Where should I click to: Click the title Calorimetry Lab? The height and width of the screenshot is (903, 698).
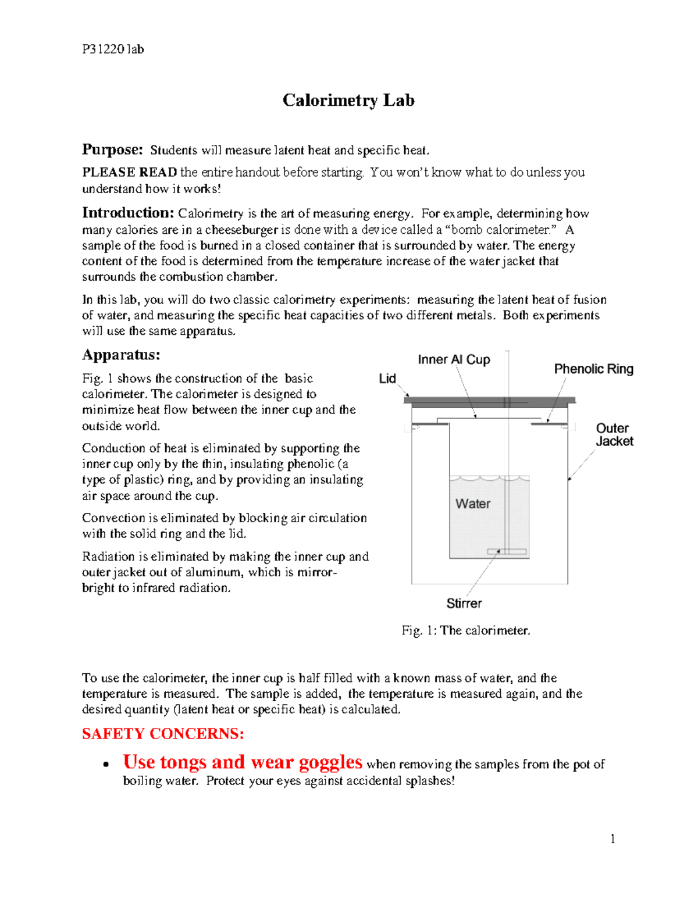348,101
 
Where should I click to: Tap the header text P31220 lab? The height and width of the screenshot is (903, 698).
113,49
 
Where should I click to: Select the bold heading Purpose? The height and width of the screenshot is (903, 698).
112,150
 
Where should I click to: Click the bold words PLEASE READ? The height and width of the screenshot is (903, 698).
129,173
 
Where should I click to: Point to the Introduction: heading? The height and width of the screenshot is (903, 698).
128,213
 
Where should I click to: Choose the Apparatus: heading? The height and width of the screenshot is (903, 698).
121,355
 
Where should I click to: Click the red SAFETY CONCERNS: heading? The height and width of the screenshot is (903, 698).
163,734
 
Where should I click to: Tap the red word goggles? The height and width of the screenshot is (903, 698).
330,762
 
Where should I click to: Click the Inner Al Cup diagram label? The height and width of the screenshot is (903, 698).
454,360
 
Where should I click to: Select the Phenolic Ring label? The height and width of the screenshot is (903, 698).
593,369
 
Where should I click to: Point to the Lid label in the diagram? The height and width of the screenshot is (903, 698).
387,379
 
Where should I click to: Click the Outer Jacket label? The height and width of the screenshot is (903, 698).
614,435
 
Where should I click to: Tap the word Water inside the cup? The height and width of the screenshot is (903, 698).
472,504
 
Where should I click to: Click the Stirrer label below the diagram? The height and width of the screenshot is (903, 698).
464,604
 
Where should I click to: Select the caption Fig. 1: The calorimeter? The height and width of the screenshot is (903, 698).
465,631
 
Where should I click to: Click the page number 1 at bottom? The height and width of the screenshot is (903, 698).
612,838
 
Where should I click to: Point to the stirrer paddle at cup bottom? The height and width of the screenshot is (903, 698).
507,552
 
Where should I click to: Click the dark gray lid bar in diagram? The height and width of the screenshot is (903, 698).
489,401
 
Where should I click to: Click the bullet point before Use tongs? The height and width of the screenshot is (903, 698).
105,765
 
